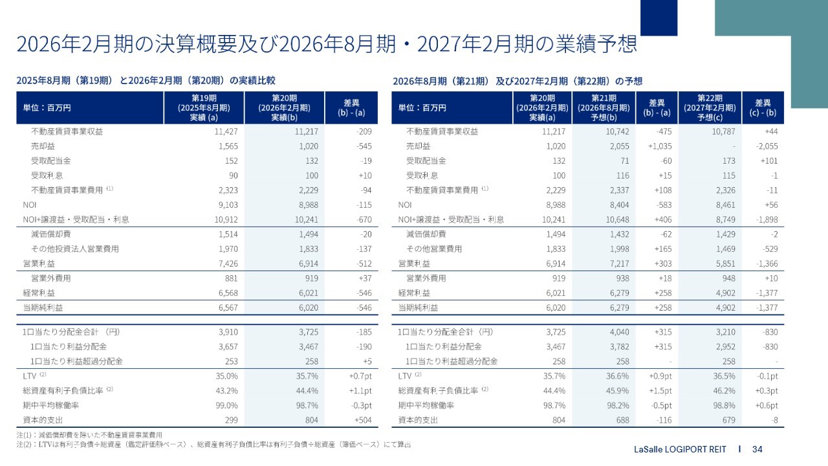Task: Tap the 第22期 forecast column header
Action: (x=708, y=107)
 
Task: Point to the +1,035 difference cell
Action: (x=659, y=146)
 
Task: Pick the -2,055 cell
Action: (x=765, y=146)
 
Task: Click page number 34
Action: (x=757, y=449)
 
